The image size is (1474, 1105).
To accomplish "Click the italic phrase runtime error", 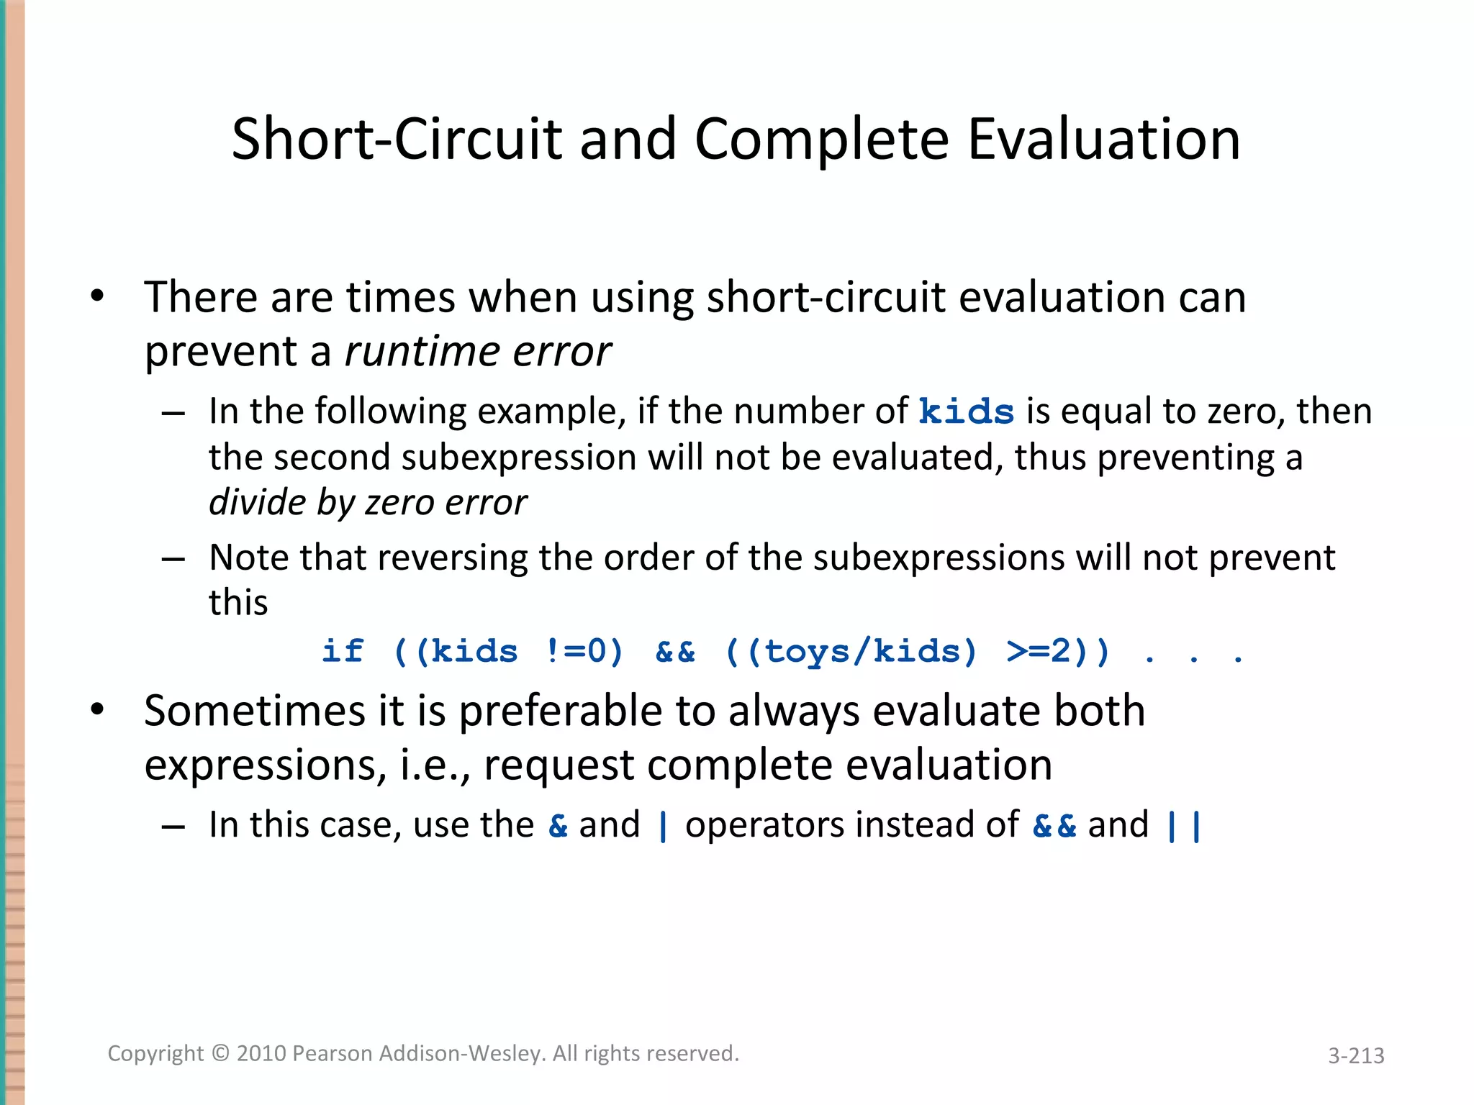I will click(478, 352).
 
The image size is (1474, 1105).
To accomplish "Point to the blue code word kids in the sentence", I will click(967, 412).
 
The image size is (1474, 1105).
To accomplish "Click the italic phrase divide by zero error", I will click(368, 502).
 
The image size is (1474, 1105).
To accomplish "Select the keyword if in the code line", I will click(343, 652).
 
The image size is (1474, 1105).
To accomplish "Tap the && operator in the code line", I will click(675, 652).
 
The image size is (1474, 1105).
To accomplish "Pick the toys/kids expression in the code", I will click(861, 652).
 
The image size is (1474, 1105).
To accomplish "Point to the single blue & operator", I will click(558, 825).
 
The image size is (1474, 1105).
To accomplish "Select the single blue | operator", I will click(663, 825).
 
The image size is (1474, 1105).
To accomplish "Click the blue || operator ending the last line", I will click(1184, 825).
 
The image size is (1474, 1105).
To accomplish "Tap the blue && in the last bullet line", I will click(1054, 825).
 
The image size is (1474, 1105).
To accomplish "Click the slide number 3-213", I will click(1356, 1055).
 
